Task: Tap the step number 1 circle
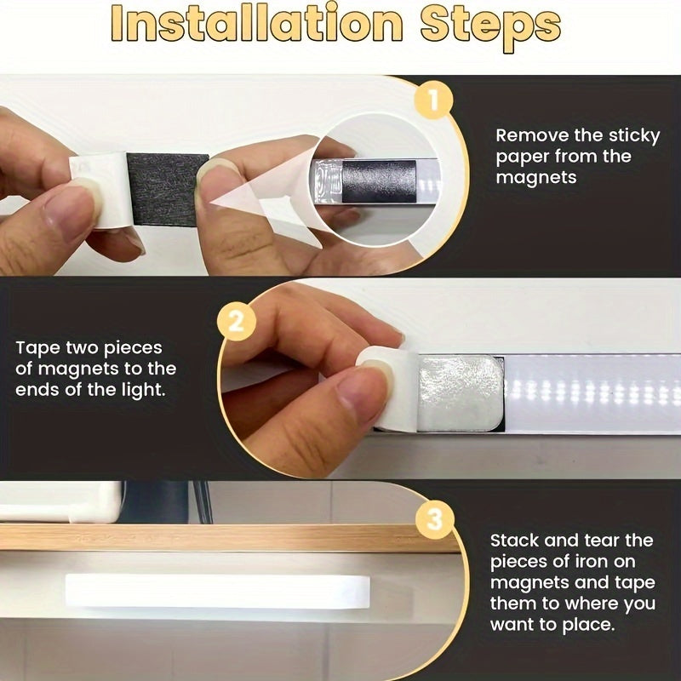pos(433,101)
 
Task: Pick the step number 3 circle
pos(435,519)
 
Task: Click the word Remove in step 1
pos(525,134)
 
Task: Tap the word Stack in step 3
pos(515,541)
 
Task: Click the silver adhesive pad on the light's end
pos(459,392)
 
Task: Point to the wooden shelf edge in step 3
pos(213,537)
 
